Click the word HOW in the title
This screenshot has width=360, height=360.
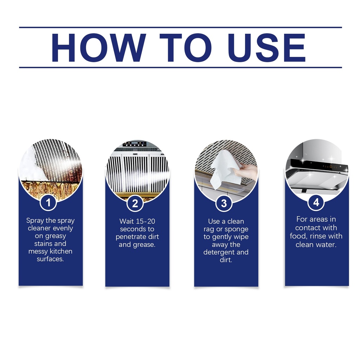point(98,47)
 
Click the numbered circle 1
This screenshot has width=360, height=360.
point(48,203)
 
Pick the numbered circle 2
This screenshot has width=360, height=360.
point(135,204)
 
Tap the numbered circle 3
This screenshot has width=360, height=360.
point(224,204)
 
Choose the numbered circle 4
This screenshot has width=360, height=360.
point(316,202)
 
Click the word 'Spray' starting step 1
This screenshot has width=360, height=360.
point(35,221)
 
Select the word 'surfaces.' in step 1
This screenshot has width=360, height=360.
point(50,259)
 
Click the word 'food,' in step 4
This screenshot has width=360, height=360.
point(298,236)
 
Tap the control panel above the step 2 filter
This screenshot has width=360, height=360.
point(135,144)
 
